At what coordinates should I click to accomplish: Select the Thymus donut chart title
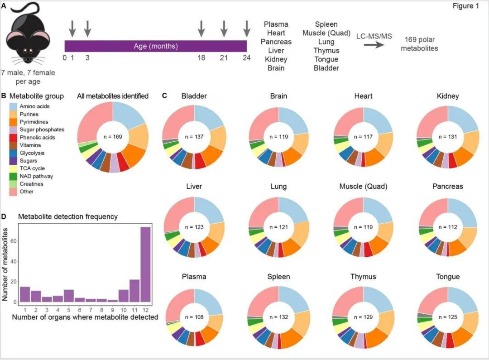tap(363, 277)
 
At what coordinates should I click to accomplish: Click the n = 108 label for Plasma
tap(194, 317)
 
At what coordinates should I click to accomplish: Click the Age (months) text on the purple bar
tap(155, 46)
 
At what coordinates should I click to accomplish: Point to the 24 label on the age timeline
tap(246, 58)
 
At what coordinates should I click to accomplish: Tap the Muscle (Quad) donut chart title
tap(363, 186)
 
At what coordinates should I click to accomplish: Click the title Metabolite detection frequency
tap(67, 216)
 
